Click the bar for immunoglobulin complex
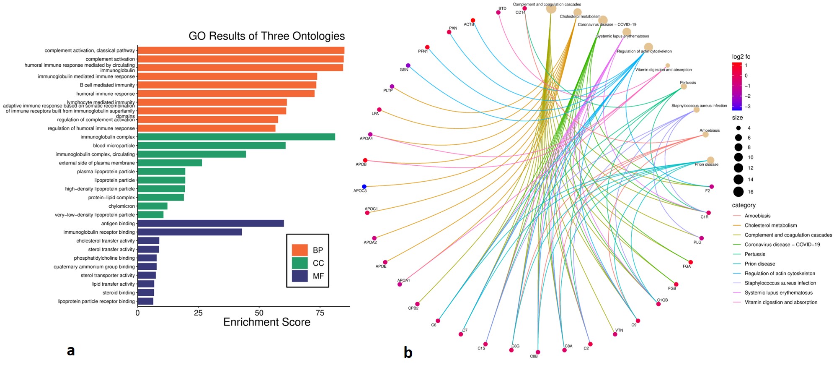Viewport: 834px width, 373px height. coord(236,137)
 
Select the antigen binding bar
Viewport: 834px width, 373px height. coord(211,223)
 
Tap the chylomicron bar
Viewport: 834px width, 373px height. coord(152,206)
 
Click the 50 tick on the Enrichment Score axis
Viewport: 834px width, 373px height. coord(259,313)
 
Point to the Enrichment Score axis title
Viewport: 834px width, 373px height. coord(267,322)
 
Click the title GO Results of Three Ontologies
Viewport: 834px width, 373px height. coord(266,36)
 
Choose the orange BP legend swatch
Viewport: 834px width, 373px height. coord(300,250)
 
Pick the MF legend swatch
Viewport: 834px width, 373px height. coord(300,276)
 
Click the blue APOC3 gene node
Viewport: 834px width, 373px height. coord(364,187)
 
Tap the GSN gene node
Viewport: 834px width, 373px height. coord(408,65)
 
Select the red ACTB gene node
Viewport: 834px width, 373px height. coord(473,20)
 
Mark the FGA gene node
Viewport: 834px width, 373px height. coord(691,262)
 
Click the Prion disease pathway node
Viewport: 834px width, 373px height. coord(710,160)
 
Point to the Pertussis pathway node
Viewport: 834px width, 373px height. coord(684,86)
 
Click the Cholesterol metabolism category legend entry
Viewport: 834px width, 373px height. coord(770,225)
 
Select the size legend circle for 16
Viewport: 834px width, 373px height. coord(738,192)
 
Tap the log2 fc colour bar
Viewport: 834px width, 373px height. coord(737,86)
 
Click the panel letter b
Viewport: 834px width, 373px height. coord(408,353)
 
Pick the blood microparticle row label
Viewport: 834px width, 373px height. coord(114,146)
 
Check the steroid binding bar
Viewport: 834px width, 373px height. coord(146,292)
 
